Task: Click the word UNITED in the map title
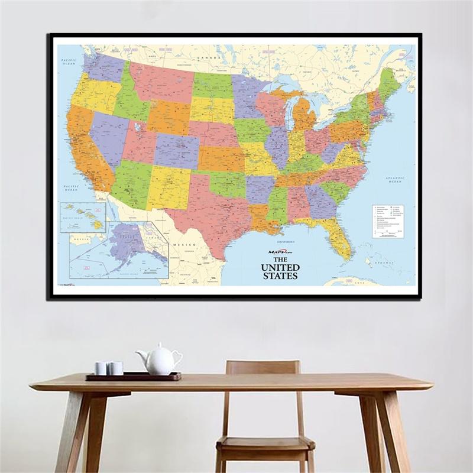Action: [x=280, y=267]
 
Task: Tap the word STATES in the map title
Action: [x=280, y=276]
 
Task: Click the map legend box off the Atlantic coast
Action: [x=388, y=221]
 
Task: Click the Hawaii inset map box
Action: [x=82, y=217]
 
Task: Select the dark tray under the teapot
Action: [x=133, y=375]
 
